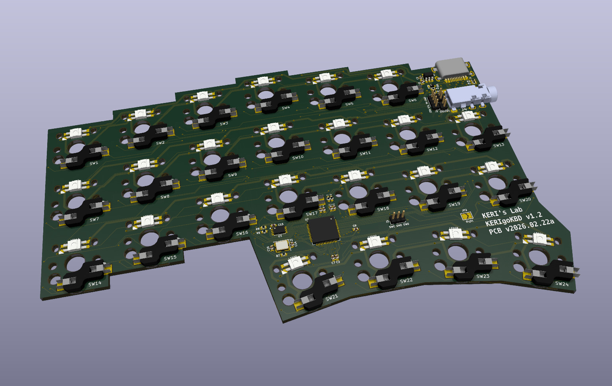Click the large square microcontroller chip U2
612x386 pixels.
[x=323, y=230]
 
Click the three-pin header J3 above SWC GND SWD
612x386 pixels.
[x=397, y=217]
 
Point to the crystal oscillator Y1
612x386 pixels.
[x=281, y=245]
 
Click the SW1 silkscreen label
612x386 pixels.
[x=94, y=163]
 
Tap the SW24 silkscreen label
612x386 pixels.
[x=562, y=283]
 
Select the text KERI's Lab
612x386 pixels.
[x=502, y=212]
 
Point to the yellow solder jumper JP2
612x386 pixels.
[x=466, y=216]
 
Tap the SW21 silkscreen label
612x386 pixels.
[x=331, y=297]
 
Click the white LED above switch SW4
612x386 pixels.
[x=263, y=81]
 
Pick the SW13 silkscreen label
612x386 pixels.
[x=498, y=145]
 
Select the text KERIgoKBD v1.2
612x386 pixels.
[x=514, y=219]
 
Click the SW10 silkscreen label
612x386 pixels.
[x=298, y=157]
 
